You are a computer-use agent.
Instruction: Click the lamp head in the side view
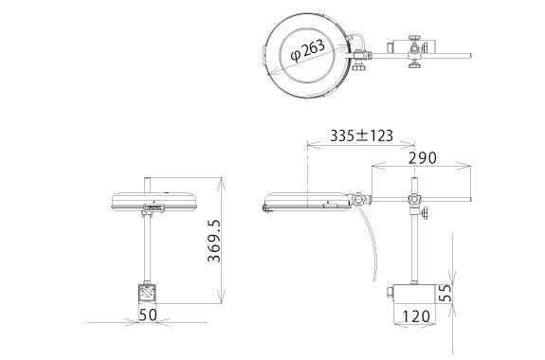(x=305, y=201)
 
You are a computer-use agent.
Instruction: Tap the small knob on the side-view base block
(x=391, y=296)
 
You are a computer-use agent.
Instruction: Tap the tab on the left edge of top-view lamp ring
(x=262, y=53)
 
